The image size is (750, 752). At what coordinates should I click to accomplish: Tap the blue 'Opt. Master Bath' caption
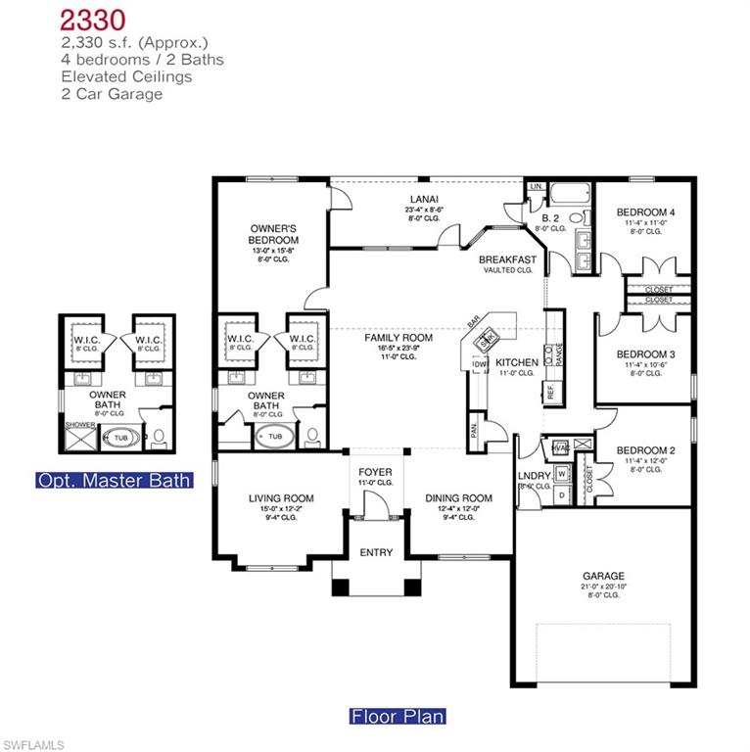coord(113,481)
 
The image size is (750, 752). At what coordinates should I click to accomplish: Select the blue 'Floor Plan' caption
coord(398,716)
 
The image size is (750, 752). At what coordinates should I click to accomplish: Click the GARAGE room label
coord(603,576)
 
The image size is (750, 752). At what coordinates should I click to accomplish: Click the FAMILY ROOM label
coord(392,338)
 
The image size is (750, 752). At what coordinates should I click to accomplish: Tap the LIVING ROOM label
coord(281,498)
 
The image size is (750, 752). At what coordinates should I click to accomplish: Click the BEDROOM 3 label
coord(645,354)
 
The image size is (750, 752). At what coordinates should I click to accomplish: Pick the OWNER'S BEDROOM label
coord(273,234)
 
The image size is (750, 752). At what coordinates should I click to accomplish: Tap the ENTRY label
coord(376,552)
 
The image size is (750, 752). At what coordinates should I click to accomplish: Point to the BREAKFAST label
coord(507,259)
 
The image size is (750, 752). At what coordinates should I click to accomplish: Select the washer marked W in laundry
coord(561,474)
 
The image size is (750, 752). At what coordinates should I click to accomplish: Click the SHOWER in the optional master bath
coord(79,425)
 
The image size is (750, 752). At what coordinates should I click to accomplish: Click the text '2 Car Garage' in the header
coord(111,94)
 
